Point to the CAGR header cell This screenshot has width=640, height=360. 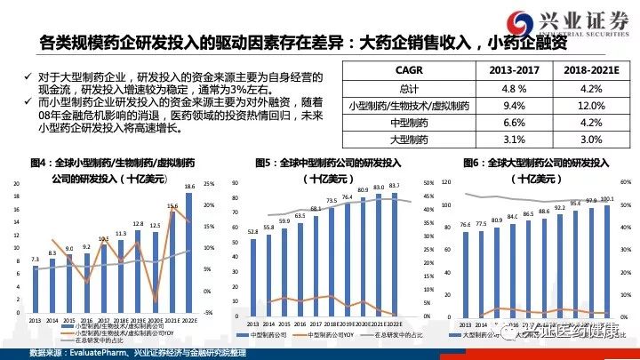408,70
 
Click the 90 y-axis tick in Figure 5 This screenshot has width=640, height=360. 234,183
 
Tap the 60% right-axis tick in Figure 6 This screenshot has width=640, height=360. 625,183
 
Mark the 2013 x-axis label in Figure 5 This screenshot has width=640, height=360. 252,323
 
